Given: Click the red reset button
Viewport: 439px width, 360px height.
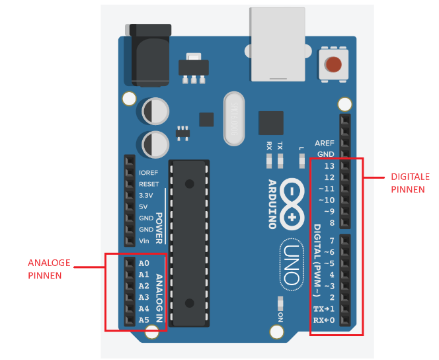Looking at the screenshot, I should tap(334, 64).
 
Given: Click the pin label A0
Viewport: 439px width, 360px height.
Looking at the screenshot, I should tap(143, 263).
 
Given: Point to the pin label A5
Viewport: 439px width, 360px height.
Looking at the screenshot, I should tap(143, 320).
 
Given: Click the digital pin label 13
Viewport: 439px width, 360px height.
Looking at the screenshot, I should tap(329, 165).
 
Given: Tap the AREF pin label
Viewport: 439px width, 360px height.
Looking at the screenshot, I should tap(325, 143).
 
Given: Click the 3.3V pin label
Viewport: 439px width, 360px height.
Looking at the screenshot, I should tap(146, 195).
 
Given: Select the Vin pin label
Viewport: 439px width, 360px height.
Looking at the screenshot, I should tap(145, 240).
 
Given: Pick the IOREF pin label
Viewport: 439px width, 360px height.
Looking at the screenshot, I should tap(149, 172).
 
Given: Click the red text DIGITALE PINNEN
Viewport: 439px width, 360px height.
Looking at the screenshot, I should tap(410, 183).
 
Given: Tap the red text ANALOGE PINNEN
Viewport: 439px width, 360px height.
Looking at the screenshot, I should tap(49, 269).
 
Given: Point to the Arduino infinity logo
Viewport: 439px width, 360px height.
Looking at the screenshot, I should tap(292, 203).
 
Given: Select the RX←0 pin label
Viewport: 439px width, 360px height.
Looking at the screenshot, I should tap(325, 320).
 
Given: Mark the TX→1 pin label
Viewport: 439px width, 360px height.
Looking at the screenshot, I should tap(325, 309).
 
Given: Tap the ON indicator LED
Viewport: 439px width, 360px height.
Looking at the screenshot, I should tap(280, 304).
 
